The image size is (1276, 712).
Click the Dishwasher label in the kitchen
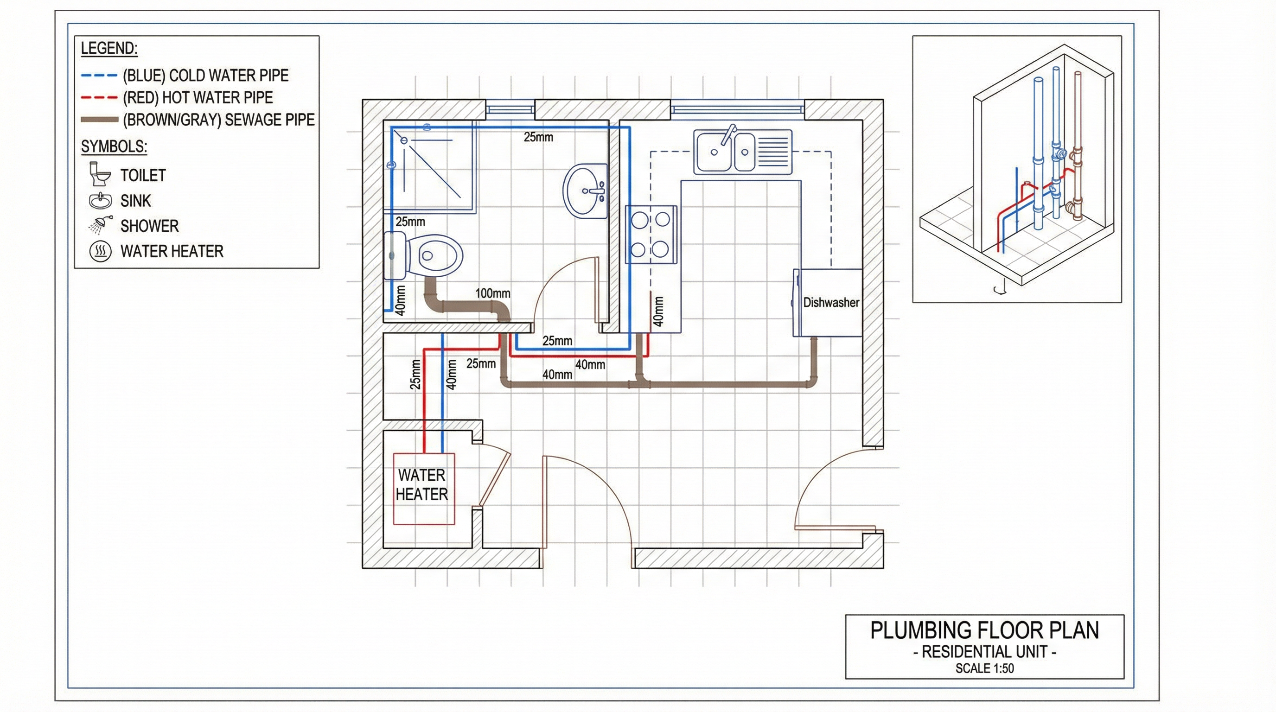[x=831, y=302]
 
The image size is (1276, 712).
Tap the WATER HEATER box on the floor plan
[x=423, y=489]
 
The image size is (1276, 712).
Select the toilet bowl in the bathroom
[x=434, y=255]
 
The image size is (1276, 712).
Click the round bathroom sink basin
[x=585, y=191]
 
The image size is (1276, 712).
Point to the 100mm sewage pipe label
[x=492, y=293]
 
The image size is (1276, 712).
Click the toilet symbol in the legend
[x=100, y=174]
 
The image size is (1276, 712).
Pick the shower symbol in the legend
[x=101, y=225]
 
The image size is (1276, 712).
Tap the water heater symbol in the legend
[x=101, y=252]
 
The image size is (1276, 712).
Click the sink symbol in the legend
[x=101, y=200]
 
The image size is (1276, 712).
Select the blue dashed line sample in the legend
[x=99, y=76]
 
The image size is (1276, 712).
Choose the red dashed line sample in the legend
[x=99, y=97]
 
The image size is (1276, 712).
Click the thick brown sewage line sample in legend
[x=99, y=119]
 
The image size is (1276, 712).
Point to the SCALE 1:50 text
[x=985, y=668]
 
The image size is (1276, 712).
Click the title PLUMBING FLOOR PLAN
[x=985, y=630]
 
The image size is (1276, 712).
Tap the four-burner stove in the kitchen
[x=651, y=234]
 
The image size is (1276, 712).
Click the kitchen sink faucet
[x=728, y=135]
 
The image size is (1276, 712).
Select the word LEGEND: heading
[x=109, y=49]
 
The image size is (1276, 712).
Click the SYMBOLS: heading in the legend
[x=114, y=146]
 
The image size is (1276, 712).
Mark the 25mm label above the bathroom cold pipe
[x=538, y=137]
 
